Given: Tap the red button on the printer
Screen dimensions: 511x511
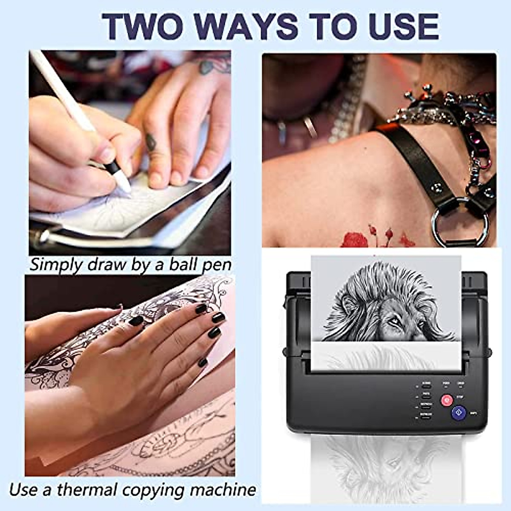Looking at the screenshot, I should [446, 400].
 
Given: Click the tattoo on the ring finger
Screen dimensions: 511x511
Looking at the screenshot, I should [151, 143].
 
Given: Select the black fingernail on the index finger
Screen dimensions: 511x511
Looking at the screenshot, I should [218, 318].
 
